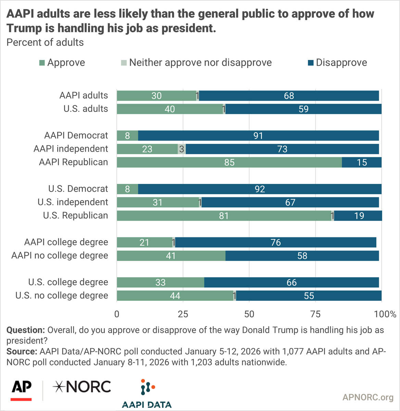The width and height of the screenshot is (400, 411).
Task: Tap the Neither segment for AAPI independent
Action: [x=182, y=149]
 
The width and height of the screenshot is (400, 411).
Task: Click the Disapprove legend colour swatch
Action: [x=311, y=63]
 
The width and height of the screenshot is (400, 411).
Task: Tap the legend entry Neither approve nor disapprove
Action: [x=200, y=63]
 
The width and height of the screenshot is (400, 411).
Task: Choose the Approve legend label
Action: [x=66, y=63]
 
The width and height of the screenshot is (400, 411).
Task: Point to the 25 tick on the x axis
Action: [x=183, y=314]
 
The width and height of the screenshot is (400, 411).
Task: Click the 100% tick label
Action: [x=385, y=314]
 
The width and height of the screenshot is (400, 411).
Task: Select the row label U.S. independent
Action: [x=73, y=202]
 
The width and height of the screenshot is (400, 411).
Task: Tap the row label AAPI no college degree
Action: [x=60, y=256]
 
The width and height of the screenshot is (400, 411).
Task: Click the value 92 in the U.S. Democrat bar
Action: [x=260, y=189]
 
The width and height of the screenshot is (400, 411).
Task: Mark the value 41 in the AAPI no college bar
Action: [x=171, y=256]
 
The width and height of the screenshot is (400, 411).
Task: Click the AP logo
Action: [x=21, y=389]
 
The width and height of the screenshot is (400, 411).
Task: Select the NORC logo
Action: [x=82, y=387]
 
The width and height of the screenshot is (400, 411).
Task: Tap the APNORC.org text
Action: [x=368, y=397]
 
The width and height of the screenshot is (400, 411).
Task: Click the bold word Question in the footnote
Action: [x=25, y=330]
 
